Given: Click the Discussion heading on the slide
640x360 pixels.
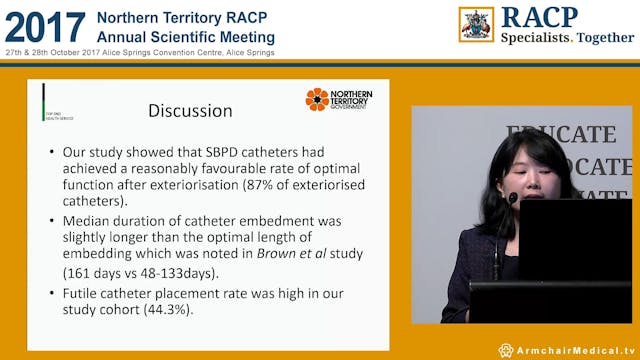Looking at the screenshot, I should pos(190,110).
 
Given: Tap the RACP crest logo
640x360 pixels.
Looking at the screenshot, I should pos(476,24).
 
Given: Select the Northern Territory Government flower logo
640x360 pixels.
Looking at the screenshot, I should pos(317,99).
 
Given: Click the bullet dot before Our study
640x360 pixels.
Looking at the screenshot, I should pos(51,153).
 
